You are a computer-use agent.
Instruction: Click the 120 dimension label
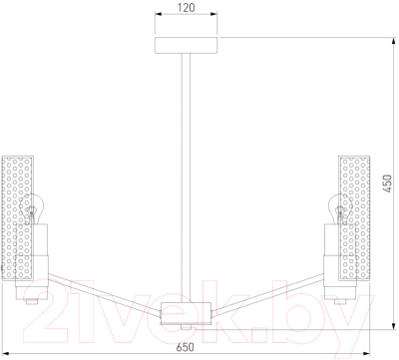[186, 7]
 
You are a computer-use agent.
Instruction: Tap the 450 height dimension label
[387, 183]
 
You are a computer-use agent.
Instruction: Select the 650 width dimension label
[185, 348]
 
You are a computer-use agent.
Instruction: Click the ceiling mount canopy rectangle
[187, 45]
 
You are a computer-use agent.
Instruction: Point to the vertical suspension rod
[186, 178]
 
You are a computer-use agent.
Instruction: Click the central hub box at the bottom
[187, 313]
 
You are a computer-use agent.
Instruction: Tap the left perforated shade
[18, 217]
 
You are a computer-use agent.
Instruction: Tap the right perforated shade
[354, 217]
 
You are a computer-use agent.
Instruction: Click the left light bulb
[32, 209]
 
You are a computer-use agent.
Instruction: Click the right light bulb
[340, 209]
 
